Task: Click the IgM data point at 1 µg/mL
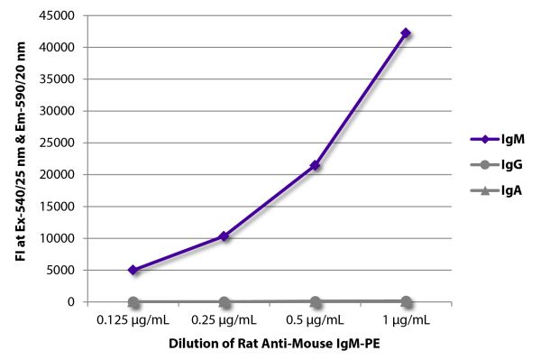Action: [406, 33]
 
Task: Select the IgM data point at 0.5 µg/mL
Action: [315, 166]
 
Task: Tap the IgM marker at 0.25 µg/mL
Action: [224, 236]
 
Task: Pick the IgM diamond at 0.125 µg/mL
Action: [133, 270]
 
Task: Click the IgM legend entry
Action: [497, 139]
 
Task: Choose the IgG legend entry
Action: [497, 164]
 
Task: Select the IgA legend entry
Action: [496, 190]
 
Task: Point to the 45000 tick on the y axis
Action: [57, 15]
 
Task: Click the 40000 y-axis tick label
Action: [57, 47]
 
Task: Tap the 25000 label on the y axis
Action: [57, 143]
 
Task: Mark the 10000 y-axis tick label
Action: [57, 238]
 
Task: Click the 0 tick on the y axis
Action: [71, 301]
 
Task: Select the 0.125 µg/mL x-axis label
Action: [133, 320]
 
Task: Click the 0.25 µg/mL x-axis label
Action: [224, 320]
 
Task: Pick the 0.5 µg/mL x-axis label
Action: [315, 320]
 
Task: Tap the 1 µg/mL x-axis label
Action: [406, 320]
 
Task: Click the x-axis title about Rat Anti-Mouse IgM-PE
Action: [274, 344]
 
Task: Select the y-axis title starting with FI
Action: [21, 152]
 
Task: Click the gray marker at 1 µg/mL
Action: [406, 302]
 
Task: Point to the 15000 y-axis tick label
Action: [57, 207]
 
